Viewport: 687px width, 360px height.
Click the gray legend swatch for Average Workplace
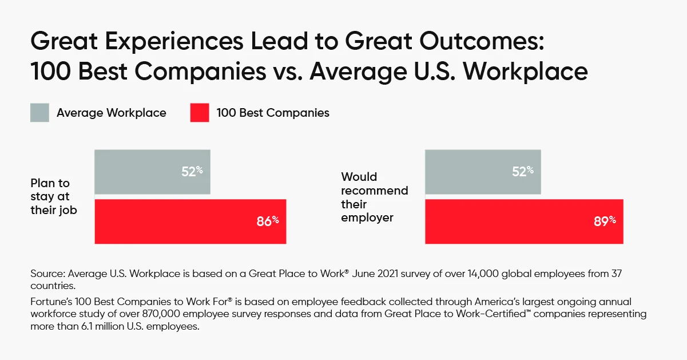click(x=39, y=113)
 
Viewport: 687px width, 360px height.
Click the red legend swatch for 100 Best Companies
click(x=199, y=113)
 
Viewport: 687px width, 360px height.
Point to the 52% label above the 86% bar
click(x=192, y=171)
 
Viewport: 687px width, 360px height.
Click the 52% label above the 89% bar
click(x=522, y=171)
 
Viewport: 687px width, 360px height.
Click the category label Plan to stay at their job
click(x=54, y=197)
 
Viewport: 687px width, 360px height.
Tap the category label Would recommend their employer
click(x=375, y=197)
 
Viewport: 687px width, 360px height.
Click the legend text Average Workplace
click(x=111, y=113)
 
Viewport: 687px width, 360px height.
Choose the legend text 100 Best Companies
click(x=273, y=113)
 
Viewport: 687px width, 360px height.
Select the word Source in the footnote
click(x=48, y=274)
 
